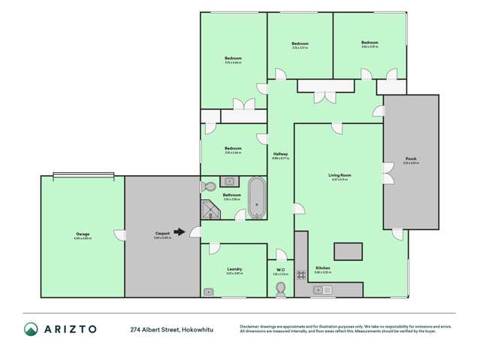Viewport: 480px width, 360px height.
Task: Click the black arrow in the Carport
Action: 180,232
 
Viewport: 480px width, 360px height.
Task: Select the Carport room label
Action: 162,234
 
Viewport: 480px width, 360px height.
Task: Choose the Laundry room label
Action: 234,269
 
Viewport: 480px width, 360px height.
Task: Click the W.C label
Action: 281,270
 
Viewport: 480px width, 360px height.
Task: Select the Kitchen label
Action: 323,268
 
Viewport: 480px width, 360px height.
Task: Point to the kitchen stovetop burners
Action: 301,275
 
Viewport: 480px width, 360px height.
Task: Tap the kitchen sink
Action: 323,289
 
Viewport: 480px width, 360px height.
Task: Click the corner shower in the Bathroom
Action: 210,210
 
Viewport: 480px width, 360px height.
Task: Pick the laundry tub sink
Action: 208,291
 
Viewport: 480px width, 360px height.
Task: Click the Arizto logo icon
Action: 31,329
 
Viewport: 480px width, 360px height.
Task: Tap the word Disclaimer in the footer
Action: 252,325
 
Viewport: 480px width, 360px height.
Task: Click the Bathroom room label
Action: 231,195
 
